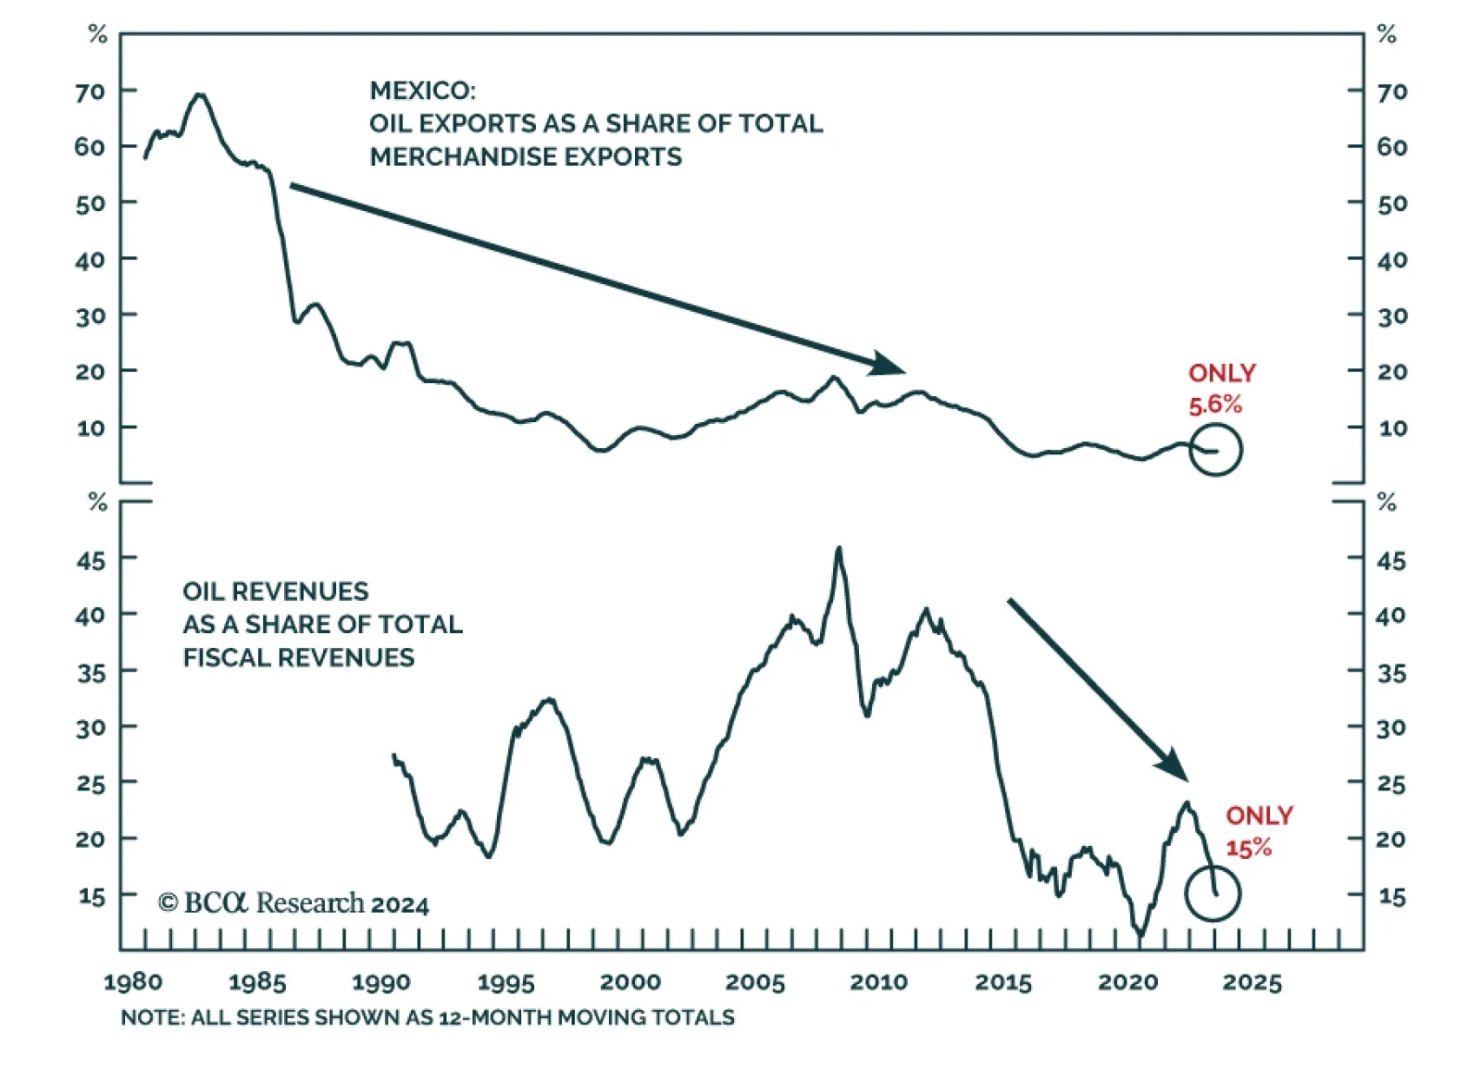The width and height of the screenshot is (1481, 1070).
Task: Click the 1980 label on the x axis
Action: tap(132, 982)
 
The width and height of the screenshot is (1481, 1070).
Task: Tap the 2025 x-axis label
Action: tap(1251, 982)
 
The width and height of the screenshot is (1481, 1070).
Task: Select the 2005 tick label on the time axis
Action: tap(754, 982)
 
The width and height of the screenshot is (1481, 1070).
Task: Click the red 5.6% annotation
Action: tap(1214, 404)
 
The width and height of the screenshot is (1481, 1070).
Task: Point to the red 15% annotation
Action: tap(1249, 848)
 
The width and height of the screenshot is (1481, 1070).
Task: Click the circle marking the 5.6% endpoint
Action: tap(1214, 450)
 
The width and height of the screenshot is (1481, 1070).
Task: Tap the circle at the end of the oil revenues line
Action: tap(1213, 893)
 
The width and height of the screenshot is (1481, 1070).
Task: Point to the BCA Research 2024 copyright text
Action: tap(293, 903)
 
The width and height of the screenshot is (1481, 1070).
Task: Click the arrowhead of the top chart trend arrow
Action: tap(890, 365)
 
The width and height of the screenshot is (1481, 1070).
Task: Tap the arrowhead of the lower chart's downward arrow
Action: tap(1174, 765)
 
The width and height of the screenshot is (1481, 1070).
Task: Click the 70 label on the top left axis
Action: tap(91, 92)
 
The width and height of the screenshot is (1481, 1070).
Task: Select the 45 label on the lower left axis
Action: tap(91, 560)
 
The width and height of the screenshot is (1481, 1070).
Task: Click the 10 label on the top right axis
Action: tap(1392, 429)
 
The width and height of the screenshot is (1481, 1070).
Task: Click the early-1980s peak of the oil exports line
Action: tap(200, 94)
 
